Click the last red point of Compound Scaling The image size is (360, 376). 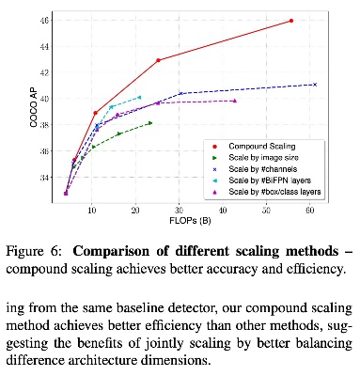291,21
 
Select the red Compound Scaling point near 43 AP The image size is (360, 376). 158,60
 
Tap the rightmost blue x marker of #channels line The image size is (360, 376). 315,85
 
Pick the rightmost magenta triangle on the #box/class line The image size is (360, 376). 234,101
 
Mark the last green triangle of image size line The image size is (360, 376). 149,122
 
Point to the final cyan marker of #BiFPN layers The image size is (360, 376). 139,97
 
